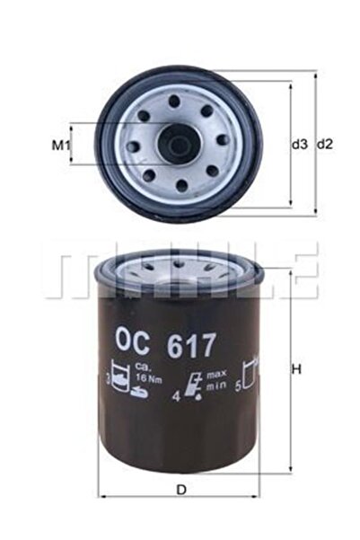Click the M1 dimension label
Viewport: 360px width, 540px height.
click(x=59, y=144)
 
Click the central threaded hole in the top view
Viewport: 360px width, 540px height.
click(x=178, y=144)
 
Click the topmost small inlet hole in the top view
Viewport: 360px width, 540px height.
click(x=177, y=101)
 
